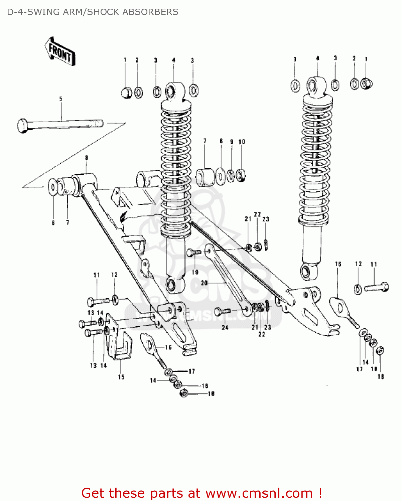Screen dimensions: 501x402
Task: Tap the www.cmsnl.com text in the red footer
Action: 259,493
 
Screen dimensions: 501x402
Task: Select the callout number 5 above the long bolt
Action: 61,99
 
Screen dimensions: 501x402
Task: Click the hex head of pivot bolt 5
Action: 23,126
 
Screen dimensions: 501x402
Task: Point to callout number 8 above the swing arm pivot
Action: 87,158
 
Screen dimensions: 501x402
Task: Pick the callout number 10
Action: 242,142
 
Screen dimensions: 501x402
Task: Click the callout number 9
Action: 232,142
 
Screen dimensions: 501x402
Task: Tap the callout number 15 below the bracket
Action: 121,377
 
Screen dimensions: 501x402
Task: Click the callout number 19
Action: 195,272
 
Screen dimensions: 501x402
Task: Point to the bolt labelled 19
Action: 193,253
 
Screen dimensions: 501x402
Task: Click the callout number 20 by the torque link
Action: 204,283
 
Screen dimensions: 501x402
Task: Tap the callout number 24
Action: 225,327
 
